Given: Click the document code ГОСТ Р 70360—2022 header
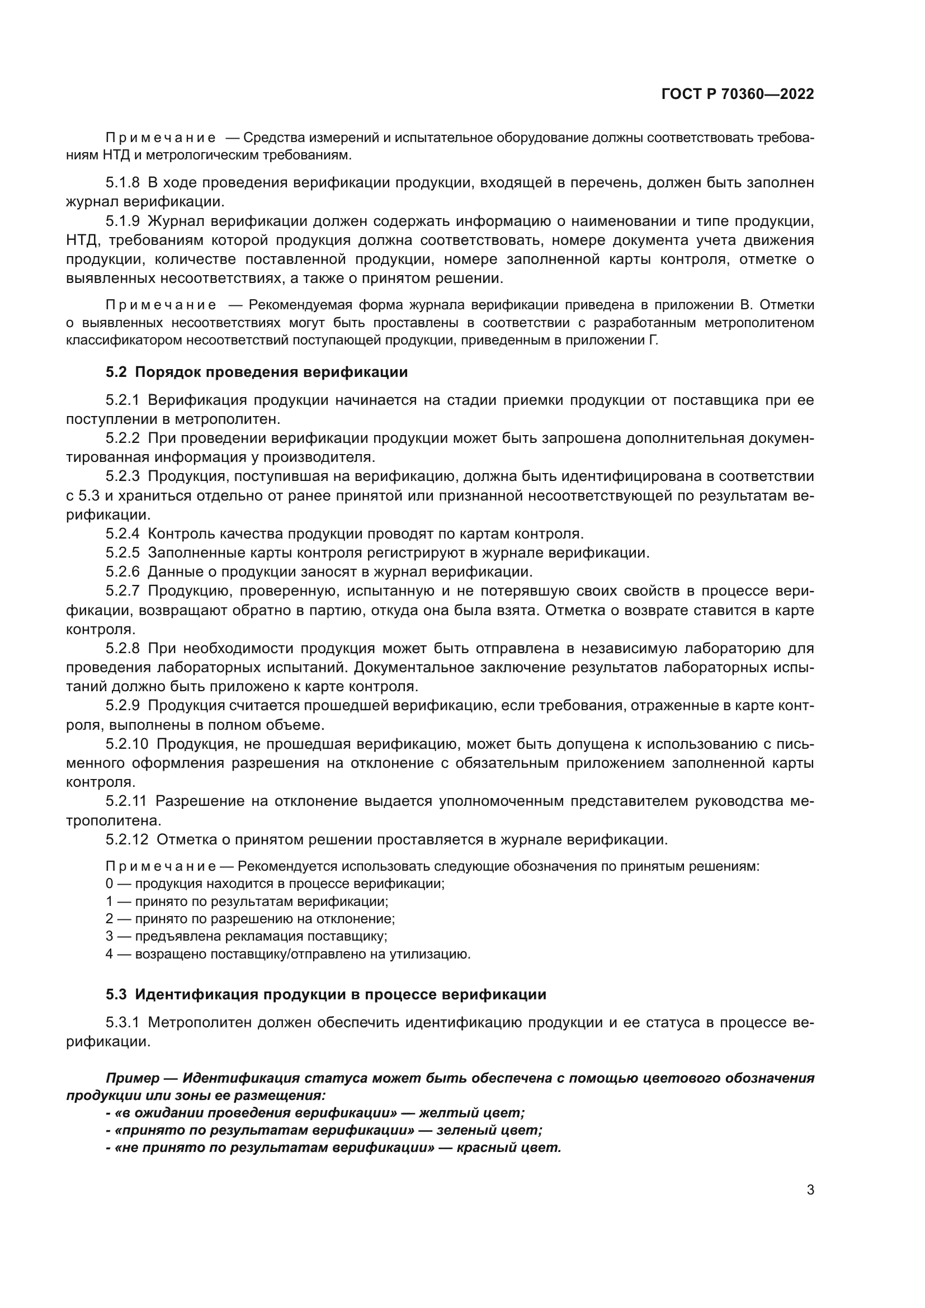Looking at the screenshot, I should (x=738, y=95).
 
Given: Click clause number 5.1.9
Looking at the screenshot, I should (x=122, y=221).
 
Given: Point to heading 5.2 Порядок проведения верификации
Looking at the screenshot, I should (x=256, y=372).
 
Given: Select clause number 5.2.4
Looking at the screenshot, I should (x=122, y=534).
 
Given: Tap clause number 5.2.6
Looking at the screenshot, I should (x=122, y=572).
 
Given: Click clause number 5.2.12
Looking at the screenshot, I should (x=126, y=839).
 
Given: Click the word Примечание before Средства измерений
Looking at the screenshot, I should (x=161, y=138).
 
